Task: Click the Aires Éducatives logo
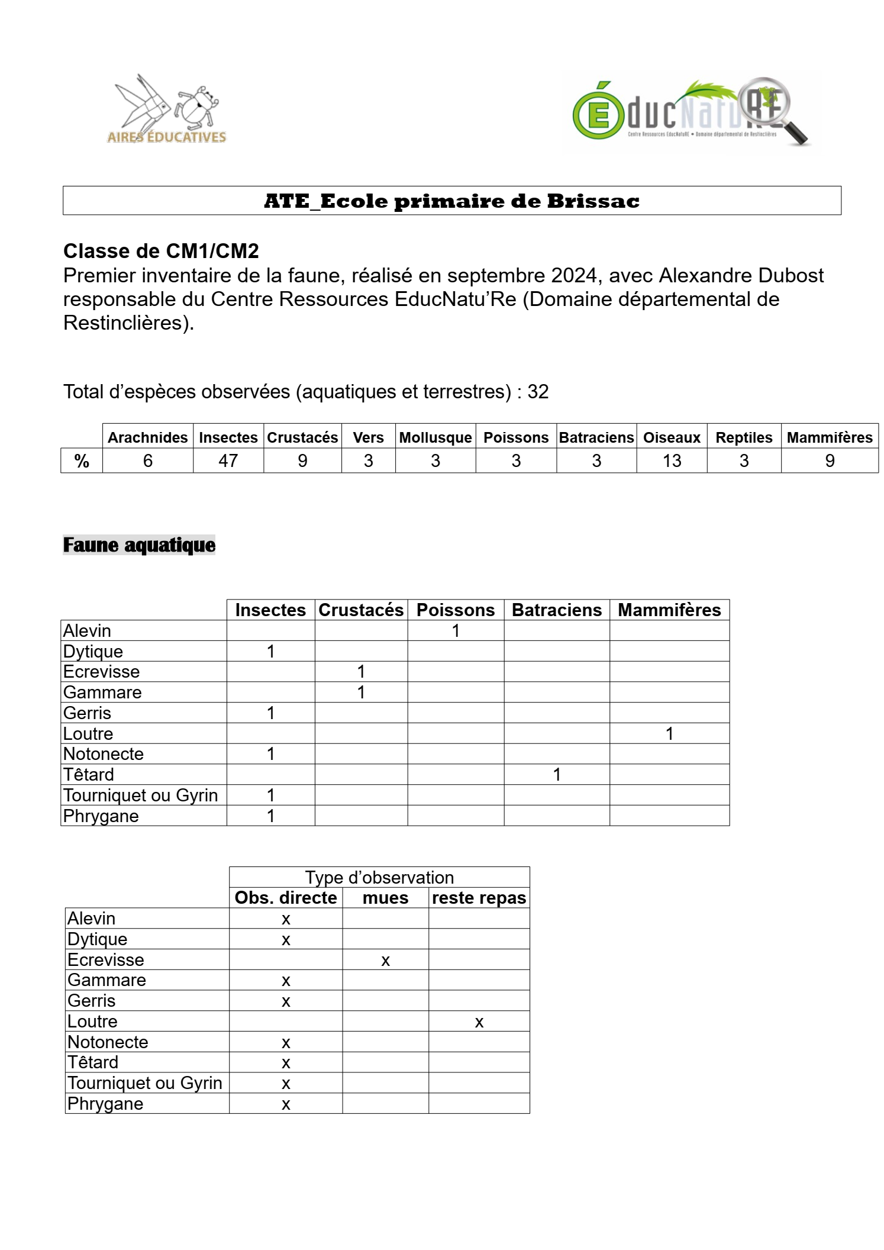tap(166, 109)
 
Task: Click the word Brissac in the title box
tap(593, 201)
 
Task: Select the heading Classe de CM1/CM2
tap(161, 251)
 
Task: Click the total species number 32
tap(538, 392)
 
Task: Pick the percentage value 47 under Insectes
tap(228, 460)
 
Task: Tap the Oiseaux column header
tap(672, 437)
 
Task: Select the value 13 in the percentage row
tap(672, 460)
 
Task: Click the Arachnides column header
tap(147, 437)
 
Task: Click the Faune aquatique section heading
tap(139, 545)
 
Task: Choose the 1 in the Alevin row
tap(456, 631)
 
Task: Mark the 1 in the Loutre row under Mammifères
tap(669, 734)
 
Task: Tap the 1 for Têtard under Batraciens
tap(557, 775)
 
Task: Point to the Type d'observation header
tap(379, 877)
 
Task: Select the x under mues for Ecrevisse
tap(385, 961)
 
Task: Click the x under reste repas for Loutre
tap(479, 1022)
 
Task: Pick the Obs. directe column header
tap(286, 898)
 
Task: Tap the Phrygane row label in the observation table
tap(105, 1104)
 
